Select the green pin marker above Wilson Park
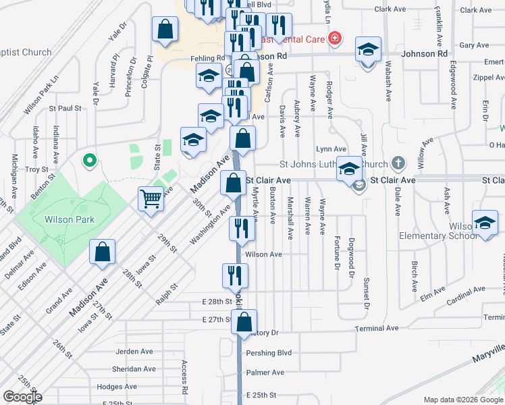point(88,161)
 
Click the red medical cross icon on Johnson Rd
point(335,39)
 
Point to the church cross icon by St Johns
point(399,163)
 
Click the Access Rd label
point(184,377)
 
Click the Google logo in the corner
point(22,397)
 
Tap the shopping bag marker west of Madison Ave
point(102,252)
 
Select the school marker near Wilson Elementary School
point(485,224)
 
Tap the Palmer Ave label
point(265,373)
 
